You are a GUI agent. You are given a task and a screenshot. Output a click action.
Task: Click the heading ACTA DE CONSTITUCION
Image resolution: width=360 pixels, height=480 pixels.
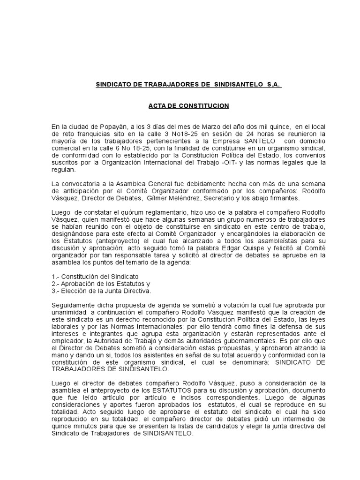pos(188,106)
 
